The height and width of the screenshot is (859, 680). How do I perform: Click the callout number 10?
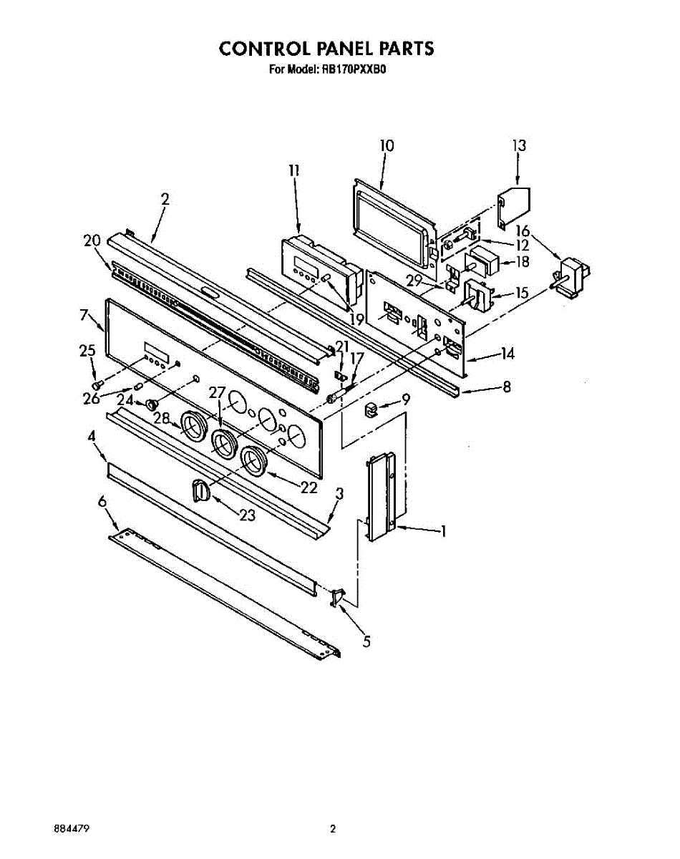pyautogui.click(x=387, y=145)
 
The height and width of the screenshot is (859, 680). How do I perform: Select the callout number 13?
pyautogui.click(x=519, y=145)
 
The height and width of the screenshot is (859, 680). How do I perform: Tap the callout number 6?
pyautogui.click(x=103, y=503)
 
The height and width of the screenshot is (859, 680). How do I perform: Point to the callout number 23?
pyautogui.click(x=247, y=515)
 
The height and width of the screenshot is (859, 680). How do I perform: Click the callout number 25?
pyautogui.click(x=87, y=350)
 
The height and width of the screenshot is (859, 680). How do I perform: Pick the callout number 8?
pyautogui.click(x=507, y=387)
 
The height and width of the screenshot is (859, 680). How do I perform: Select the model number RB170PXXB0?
pyautogui.click(x=358, y=70)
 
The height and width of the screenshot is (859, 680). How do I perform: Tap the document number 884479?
pyautogui.click(x=72, y=830)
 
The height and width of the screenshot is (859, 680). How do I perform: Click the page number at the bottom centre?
pyautogui.click(x=332, y=830)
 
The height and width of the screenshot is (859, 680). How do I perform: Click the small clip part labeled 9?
pyautogui.click(x=371, y=409)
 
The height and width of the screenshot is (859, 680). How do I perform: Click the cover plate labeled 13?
pyautogui.click(x=514, y=203)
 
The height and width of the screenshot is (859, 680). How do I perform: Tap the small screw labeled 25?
pyautogui.click(x=99, y=385)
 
